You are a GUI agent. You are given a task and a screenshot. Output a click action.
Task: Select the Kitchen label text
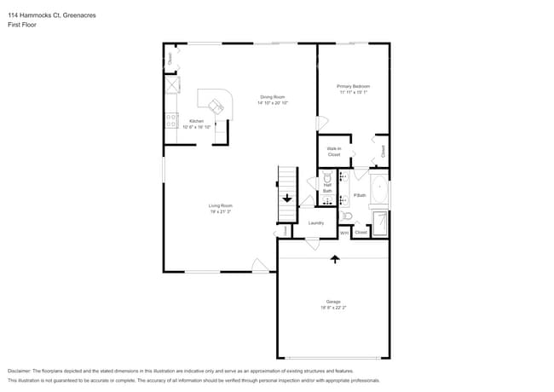click(x=195, y=121)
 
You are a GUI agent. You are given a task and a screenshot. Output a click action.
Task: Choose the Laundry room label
click(x=316, y=223)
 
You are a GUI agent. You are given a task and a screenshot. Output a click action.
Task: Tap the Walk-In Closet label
click(x=333, y=152)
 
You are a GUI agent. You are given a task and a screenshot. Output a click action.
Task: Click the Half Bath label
click(x=327, y=187)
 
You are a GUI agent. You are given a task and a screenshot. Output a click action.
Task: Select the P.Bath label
click(x=359, y=196)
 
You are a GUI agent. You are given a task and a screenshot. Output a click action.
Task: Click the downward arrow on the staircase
click(x=287, y=199)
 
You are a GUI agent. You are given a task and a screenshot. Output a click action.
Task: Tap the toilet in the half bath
click(x=327, y=176)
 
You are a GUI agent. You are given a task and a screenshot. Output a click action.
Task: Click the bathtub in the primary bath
click(x=379, y=192)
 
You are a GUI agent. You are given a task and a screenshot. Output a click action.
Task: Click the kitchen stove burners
click(x=171, y=120)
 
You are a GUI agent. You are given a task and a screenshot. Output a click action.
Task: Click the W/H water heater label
click(x=344, y=232)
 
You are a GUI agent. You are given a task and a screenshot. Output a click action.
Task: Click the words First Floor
click(x=21, y=25)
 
